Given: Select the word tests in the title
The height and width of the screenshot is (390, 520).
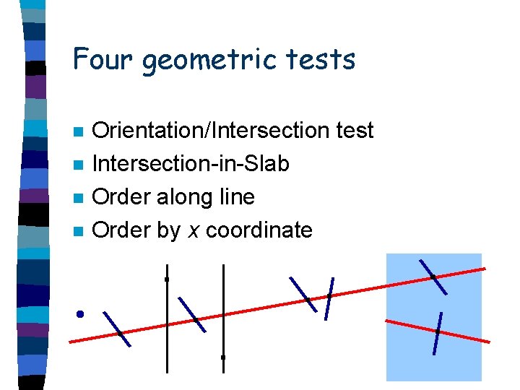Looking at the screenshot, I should [x=324, y=59].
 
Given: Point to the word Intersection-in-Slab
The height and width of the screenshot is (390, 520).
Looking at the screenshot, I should [x=191, y=164].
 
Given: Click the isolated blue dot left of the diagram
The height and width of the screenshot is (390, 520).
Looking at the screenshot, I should [x=80, y=313].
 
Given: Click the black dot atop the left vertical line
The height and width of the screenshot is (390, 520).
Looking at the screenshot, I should [x=167, y=279].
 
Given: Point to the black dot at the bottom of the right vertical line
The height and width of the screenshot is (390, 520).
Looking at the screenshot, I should [x=223, y=357].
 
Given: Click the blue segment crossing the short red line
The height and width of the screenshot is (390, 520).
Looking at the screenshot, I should [x=437, y=333].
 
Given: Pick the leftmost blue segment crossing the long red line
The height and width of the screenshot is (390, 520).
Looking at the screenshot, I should [x=117, y=329].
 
